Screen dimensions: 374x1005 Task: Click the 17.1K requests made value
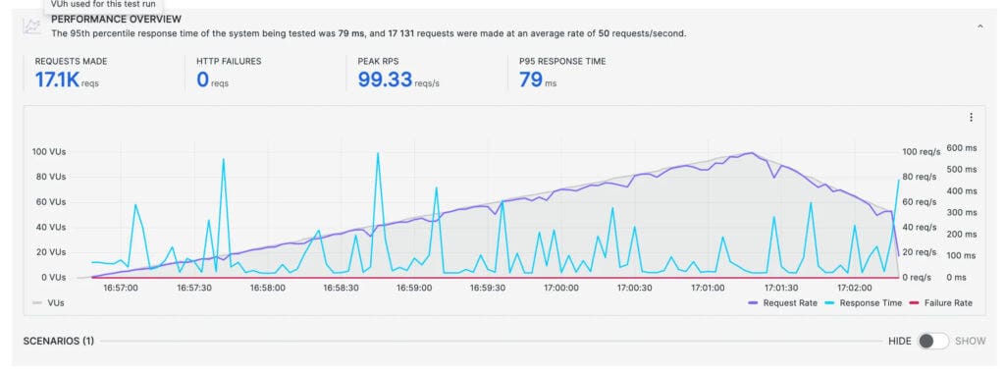57,80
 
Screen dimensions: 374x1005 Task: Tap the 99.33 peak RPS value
385,80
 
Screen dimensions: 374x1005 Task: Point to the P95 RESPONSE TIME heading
562,61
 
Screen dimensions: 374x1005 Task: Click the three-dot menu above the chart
971,118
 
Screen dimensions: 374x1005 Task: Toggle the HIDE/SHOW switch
933,341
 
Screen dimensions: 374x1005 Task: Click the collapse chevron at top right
979,27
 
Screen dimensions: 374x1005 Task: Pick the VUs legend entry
49,303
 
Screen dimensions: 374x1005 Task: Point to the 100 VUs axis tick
48,152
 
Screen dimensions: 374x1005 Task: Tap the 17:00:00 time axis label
560,288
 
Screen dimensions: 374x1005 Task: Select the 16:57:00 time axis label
121,288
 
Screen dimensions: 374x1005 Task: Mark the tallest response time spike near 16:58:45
378,154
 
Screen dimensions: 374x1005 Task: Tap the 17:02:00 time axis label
853,288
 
